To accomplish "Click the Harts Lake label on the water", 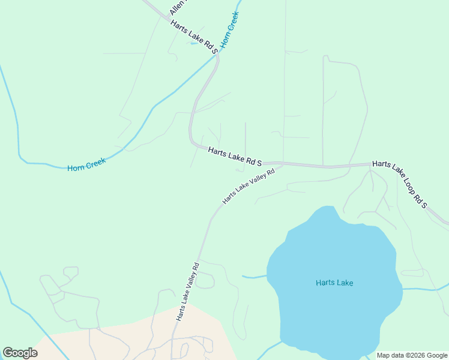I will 334,283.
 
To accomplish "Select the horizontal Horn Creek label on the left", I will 86,164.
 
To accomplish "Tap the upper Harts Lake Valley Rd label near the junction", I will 249,186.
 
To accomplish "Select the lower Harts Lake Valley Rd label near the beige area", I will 187,291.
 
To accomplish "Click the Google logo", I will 20,353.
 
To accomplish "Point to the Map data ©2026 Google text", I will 412,355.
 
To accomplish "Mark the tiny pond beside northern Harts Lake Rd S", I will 194,43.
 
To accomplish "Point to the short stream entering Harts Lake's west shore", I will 254,277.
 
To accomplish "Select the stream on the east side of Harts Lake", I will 423,289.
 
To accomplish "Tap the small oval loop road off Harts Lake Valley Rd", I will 204,280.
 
